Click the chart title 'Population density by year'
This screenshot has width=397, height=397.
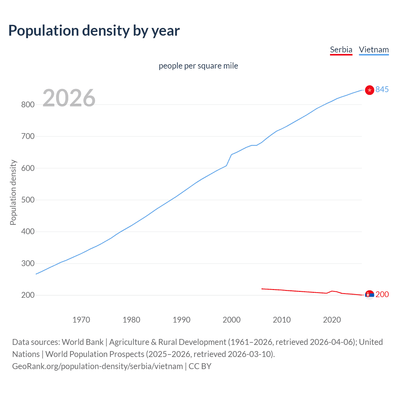tap(94, 30)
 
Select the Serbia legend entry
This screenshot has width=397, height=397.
tap(341, 50)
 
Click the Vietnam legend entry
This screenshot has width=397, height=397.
tap(374, 50)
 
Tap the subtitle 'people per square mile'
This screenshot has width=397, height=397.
tap(198, 66)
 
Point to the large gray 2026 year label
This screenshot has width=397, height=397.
tap(69, 98)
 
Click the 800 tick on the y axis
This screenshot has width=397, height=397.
tap(28, 105)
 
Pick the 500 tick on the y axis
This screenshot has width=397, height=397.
tap(28, 200)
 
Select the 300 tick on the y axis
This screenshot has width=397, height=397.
tap(28, 263)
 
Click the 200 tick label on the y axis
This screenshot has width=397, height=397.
tap(28, 295)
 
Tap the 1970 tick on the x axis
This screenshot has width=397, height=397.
tap(81, 320)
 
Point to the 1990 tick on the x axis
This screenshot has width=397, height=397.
tap(181, 320)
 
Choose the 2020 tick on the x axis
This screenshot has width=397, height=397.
tap(332, 320)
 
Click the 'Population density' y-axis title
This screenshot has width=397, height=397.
tap(13, 192)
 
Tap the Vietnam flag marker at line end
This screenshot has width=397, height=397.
tap(369, 90)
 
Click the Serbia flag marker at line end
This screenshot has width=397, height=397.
tap(369, 295)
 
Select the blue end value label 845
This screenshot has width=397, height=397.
tap(382, 89)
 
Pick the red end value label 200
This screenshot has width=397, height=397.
tap(382, 294)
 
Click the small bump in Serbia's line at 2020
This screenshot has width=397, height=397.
tap(332, 291)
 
